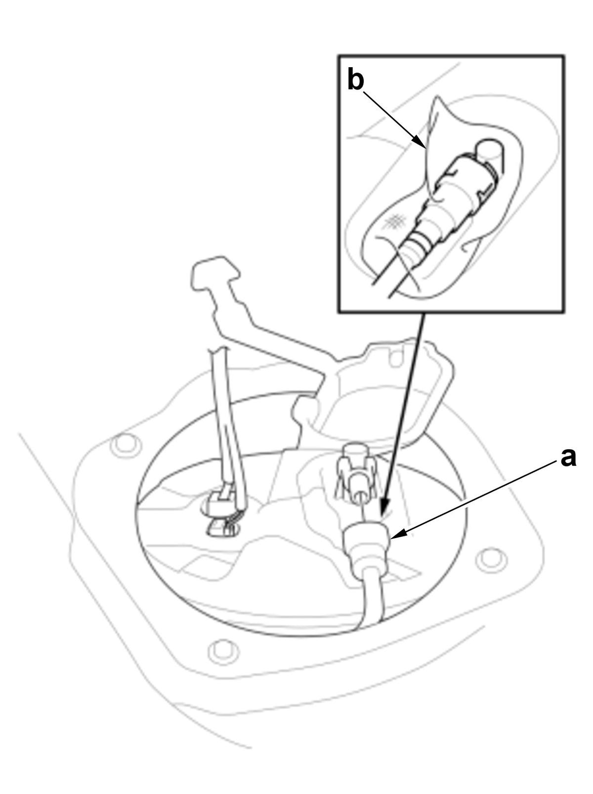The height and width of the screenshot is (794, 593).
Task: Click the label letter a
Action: pyautogui.click(x=568, y=458)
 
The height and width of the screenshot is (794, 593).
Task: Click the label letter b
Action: pyautogui.click(x=355, y=79)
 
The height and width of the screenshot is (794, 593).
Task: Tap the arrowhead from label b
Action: pyautogui.click(x=421, y=142)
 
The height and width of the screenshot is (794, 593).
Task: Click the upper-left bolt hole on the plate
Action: pyautogui.click(x=126, y=444)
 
